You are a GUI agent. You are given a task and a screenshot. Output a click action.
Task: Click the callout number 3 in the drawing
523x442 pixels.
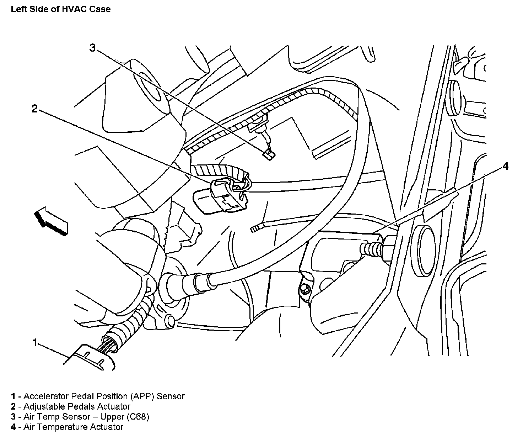(x=92, y=48)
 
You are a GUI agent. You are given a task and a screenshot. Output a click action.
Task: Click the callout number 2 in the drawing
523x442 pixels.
(x=34, y=109)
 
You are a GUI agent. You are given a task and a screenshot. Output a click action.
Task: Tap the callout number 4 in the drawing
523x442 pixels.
(x=505, y=166)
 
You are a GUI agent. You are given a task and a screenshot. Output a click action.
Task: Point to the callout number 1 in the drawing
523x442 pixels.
(x=35, y=343)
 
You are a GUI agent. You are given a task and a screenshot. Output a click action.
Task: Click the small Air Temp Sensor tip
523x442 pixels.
(x=270, y=154)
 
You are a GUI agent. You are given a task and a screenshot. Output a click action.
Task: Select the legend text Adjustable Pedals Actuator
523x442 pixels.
(x=77, y=406)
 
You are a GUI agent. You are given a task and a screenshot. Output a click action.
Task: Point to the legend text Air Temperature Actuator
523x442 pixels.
(x=73, y=427)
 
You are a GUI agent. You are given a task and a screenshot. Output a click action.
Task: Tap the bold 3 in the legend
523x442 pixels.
(x=13, y=416)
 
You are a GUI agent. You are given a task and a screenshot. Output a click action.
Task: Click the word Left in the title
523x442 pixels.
(x=18, y=9)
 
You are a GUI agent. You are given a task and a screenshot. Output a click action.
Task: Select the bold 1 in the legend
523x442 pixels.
(x=13, y=396)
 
